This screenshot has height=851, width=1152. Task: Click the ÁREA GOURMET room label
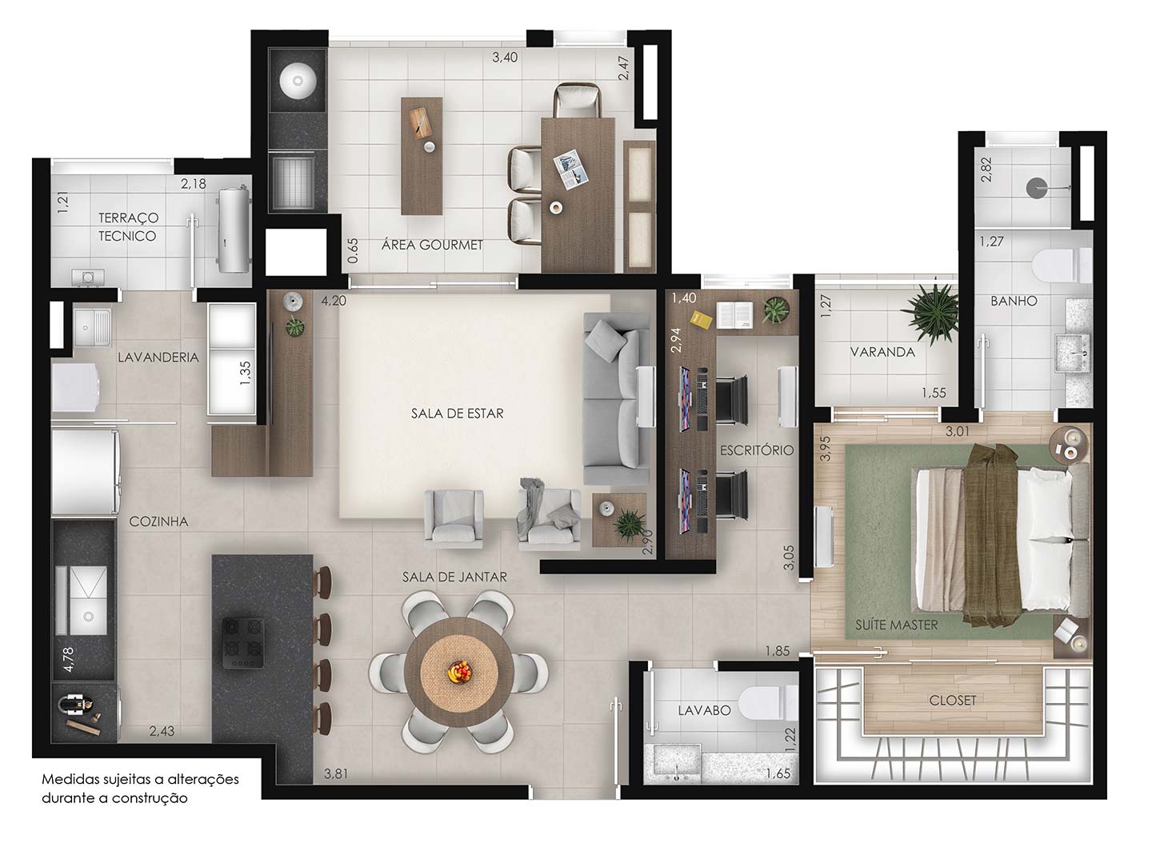coord(432,245)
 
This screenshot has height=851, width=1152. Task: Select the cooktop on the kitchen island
coord(243,643)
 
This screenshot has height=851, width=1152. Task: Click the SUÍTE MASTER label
coord(897,625)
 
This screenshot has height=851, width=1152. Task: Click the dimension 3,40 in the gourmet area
coord(505,58)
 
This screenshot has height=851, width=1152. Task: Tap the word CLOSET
coord(953,701)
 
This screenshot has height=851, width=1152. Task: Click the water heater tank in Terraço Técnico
coord(234,230)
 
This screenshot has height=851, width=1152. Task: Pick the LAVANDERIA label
coord(158,358)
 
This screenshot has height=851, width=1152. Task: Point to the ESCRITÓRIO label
coord(756,450)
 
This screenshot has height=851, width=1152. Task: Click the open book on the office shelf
coord(735,315)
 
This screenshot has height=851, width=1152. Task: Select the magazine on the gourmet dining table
coord(571,170)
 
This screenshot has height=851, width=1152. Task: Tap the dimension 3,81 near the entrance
coord(336,773)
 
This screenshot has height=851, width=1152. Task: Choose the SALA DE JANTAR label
coord(454,577)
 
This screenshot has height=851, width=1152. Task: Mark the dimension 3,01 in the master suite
coord(958,431)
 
